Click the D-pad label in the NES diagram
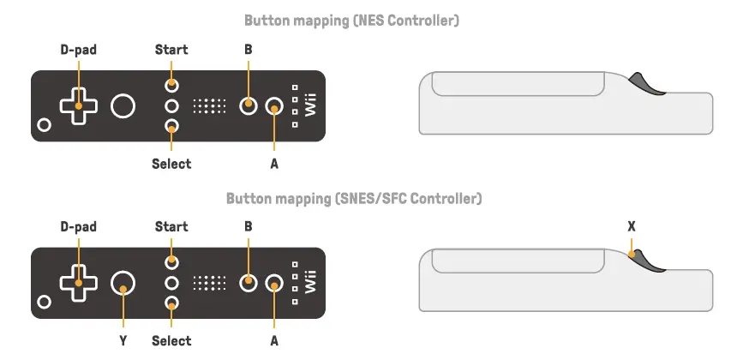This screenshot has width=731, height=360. point(78,50)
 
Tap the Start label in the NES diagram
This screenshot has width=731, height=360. point(171,50)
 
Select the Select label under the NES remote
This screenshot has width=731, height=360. point(171,163)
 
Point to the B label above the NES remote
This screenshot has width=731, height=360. point(248,50)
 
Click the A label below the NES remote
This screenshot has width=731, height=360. point(274,163)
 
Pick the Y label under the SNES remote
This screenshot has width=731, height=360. point(124,340)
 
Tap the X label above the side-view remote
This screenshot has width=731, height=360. point(632,227)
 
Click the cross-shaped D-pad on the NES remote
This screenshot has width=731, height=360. point(78,106)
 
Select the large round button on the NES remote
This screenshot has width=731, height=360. point(123,106)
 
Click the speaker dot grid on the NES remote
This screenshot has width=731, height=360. point(209,106)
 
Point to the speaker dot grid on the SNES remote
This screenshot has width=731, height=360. point(209,282)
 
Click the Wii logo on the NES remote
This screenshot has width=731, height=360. point(311,106)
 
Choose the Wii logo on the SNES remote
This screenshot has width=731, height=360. point(311,282)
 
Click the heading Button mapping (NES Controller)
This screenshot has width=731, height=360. point(351,21)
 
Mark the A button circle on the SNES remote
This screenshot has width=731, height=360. point(274,282)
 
